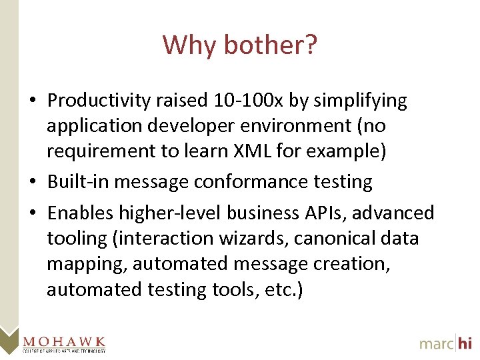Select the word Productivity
[x=99, y=101]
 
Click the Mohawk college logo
[x=64, y=342]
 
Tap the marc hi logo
[x=446, y=343]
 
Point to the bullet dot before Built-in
[x=33, y=182]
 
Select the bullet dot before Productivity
[x=33, y=101]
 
